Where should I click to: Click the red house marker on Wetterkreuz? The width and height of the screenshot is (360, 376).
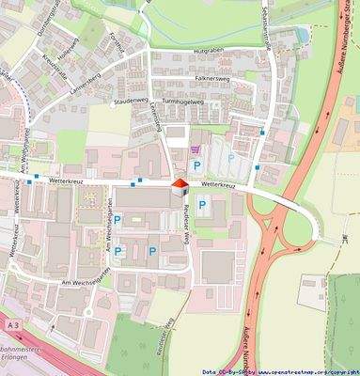pyautogui.click(x=179, y=185)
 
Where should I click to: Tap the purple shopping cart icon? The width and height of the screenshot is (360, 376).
pyautogui.click(x=196, y=149)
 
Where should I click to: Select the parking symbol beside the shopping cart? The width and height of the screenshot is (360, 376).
pyautogui.click(x=196, y=165)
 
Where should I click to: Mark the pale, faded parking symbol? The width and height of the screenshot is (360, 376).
pyautogui.click(x=230, y=159)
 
